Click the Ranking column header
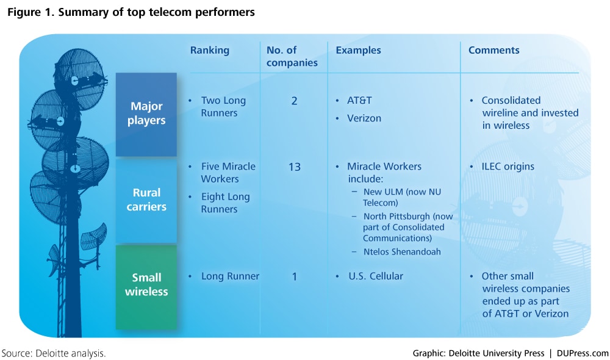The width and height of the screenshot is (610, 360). tap(210, 51)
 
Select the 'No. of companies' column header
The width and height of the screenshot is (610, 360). tap(292, 56)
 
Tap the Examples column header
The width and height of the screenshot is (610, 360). tap(358, 51)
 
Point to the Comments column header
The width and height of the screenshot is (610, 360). tap(493, 50)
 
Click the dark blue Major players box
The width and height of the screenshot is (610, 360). tap(146, 115)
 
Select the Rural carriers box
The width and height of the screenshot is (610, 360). tap(146, 201)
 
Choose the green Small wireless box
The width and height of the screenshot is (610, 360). tap(146, 287)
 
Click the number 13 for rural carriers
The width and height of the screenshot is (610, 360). tap(295, 167)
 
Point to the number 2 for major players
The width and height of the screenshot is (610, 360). tap(294, 101)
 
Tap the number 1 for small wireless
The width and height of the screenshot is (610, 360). tap(295, 277)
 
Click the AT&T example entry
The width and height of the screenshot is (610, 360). tap(359, 101)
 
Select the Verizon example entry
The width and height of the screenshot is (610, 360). tap(364, 118)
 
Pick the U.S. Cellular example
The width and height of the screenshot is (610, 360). tap(376, 276)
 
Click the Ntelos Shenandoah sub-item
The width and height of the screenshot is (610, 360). tap(402, 252)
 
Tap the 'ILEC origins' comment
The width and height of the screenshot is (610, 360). tap(508, 167)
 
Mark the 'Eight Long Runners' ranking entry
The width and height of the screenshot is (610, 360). tap(225, 203)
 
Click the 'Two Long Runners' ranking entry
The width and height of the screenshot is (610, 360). tap(223, 107)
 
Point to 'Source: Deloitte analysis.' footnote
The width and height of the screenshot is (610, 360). tap(54, 353)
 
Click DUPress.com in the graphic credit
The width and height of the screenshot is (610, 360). tap(583, 353)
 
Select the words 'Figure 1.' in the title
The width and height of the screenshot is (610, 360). tap(31, 12)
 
